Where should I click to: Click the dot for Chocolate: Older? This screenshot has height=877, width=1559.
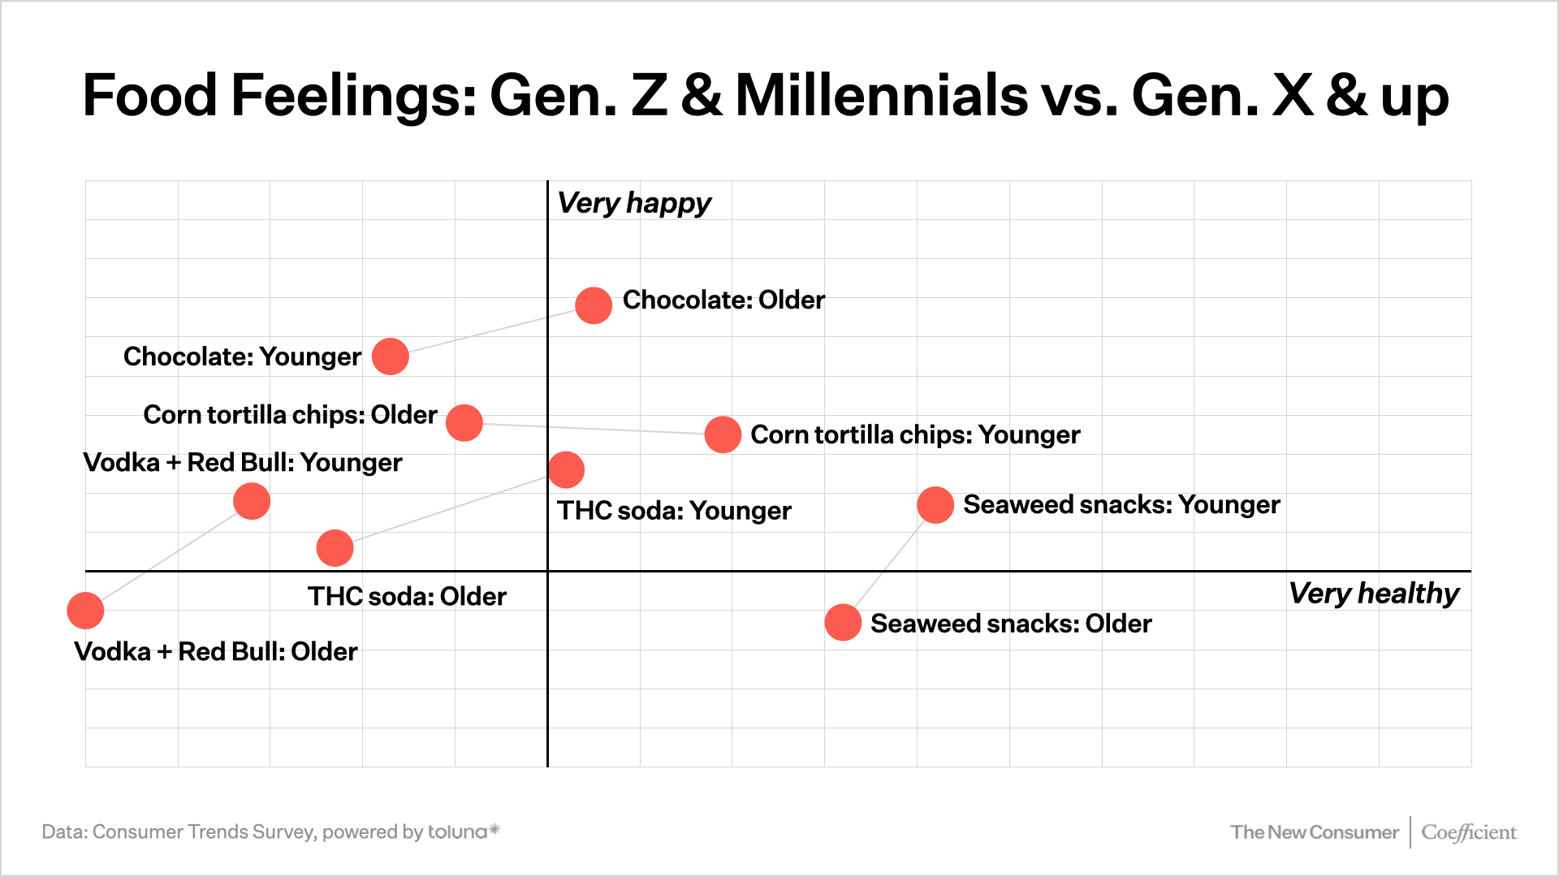click(x=594, y=305)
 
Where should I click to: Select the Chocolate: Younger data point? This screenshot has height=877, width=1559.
click(x=391, y=356)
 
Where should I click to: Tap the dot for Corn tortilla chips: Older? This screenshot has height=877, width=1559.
click(x=464, y=423)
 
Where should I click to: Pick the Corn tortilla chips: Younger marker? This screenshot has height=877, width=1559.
click(x=723, y=434)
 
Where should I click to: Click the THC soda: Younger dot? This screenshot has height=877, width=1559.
click(x=566, y=469)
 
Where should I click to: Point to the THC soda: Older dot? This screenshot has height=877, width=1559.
click(x=335, y=548)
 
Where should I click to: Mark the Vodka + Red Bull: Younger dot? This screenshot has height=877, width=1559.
click(x=252, y=501)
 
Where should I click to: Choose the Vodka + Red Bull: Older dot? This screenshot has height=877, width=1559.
click(x=85, y=611)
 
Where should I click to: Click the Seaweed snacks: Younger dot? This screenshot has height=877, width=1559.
click(x=935, y=505)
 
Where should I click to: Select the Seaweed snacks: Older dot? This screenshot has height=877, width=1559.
click(x=843, y=623)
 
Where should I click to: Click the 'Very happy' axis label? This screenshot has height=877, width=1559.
click(x=634, y=203)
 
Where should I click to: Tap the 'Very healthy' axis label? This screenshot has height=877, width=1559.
click(x=1373, y=594)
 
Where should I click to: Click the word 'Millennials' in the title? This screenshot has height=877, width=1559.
click(x=882, y=96)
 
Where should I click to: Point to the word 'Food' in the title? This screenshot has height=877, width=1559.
click(x=149, y=96)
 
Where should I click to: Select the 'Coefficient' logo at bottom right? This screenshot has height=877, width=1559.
click(x=1468, y=832)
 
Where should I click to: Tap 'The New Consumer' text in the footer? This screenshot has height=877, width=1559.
click(x=1314, y=832)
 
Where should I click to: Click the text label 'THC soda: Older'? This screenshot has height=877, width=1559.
click(x=407, y=597)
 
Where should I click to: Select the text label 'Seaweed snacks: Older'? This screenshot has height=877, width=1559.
click(x=1011, y=624)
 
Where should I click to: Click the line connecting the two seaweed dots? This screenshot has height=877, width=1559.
click(x=888, y=564)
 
